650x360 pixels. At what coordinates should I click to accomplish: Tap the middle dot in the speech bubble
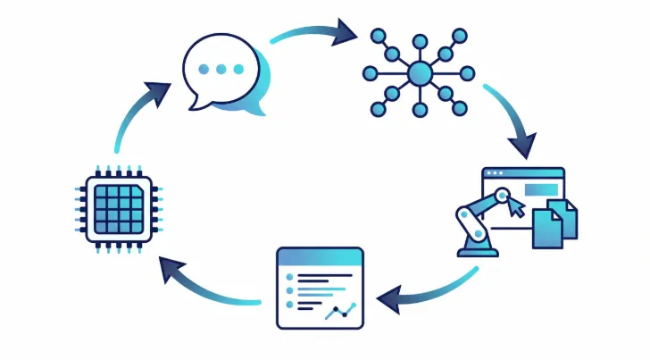(220, 69)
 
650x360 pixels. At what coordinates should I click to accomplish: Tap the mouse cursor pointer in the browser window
(517, 208)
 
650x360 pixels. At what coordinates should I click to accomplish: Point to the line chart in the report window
(340, 309)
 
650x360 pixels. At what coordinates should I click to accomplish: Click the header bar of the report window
(320, 257)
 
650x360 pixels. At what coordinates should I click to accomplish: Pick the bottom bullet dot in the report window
(288, 305)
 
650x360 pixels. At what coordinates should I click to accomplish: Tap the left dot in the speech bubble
(204, 69)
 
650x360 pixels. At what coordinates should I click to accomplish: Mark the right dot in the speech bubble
(237, 69)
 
